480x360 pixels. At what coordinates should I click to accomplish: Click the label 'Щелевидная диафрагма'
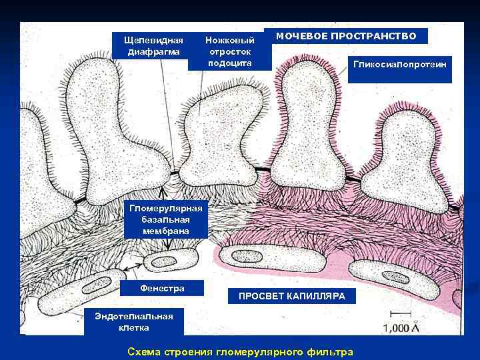pos(153,45)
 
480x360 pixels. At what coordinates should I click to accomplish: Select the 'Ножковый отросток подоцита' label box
pos(229,51)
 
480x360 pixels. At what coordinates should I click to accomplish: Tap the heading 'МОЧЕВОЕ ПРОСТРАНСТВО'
pos(346,36)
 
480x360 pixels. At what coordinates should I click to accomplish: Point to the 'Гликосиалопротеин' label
pos(399,65)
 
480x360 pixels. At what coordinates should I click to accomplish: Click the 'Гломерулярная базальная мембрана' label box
pos(165,219)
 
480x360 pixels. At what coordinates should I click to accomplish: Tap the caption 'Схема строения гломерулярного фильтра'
pos(240,351)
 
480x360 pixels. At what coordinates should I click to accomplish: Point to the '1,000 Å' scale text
pos(405,327)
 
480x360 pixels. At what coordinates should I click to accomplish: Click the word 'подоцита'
pos(229,63)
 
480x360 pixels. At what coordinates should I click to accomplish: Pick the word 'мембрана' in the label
pos(165,231)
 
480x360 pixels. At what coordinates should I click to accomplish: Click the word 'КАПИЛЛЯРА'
pos(318,296)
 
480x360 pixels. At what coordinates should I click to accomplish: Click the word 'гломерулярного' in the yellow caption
pos(257,351)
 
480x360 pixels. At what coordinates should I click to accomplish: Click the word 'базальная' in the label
pos(165,219)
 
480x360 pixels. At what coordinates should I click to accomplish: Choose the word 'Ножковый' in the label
pos(229,40)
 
